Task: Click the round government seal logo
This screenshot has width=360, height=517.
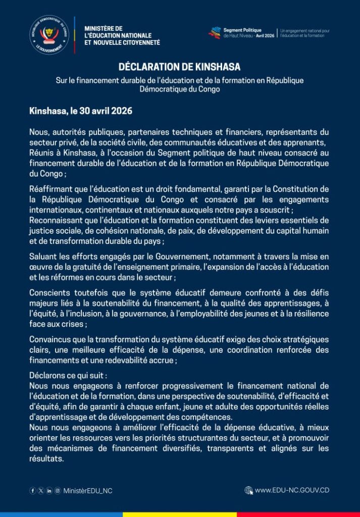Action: pyautogui.click(x=49, y=35)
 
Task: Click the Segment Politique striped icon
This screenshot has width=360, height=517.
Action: pyautogui.click(x=215, y=33)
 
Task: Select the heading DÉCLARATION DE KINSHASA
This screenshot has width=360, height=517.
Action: pyautogui.click(x=179, y=67)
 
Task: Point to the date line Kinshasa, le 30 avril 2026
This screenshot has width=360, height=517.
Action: pyautogui.click(x=81, y=110)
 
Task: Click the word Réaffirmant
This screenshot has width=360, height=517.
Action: pyautogui.click(x=52, y=189)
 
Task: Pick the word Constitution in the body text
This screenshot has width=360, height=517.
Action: pyautogui.click(x=301, y=189)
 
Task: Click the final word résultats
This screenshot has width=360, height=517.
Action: pyautogui.click(x=46, y=458)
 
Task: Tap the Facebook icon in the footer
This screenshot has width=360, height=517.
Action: pyautogui.click(x=33, y=490)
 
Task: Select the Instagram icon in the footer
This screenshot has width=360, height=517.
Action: pyautogui.click(x=57, y=490)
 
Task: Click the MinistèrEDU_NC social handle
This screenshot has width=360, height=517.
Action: pyautogui.click(x=88, y=490)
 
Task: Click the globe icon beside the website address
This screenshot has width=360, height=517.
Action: pyautogui.click(x=248, y=490)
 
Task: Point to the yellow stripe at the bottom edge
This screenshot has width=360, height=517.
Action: pyautogui.click(x=180, y=514)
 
